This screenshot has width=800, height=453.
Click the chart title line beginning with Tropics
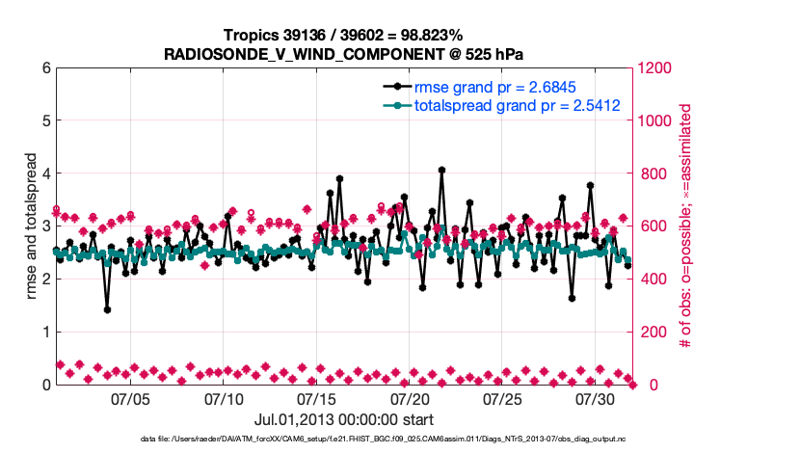tap(344, 35)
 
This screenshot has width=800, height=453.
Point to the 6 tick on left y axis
tap(45, 68)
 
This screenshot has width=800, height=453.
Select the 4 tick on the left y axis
tap(45, 173)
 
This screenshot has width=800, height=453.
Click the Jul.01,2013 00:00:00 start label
tap(344, 419)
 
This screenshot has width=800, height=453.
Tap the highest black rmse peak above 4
tap(441, 170)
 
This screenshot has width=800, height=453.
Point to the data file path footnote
tap(344, 440)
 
